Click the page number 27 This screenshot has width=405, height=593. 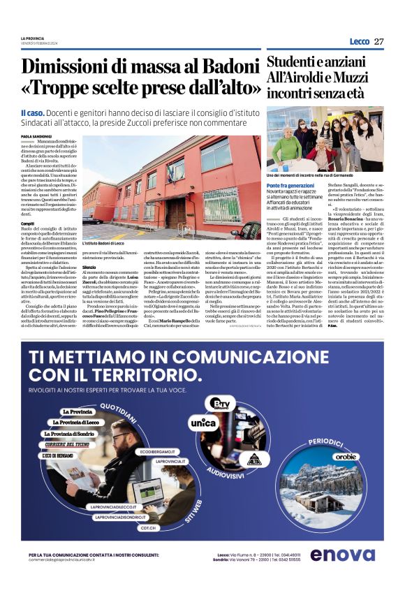point(378,41)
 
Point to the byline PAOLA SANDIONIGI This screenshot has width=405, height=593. point(36,136)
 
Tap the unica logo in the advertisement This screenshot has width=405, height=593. point(203,422)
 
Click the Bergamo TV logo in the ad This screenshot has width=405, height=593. point(222,403)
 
